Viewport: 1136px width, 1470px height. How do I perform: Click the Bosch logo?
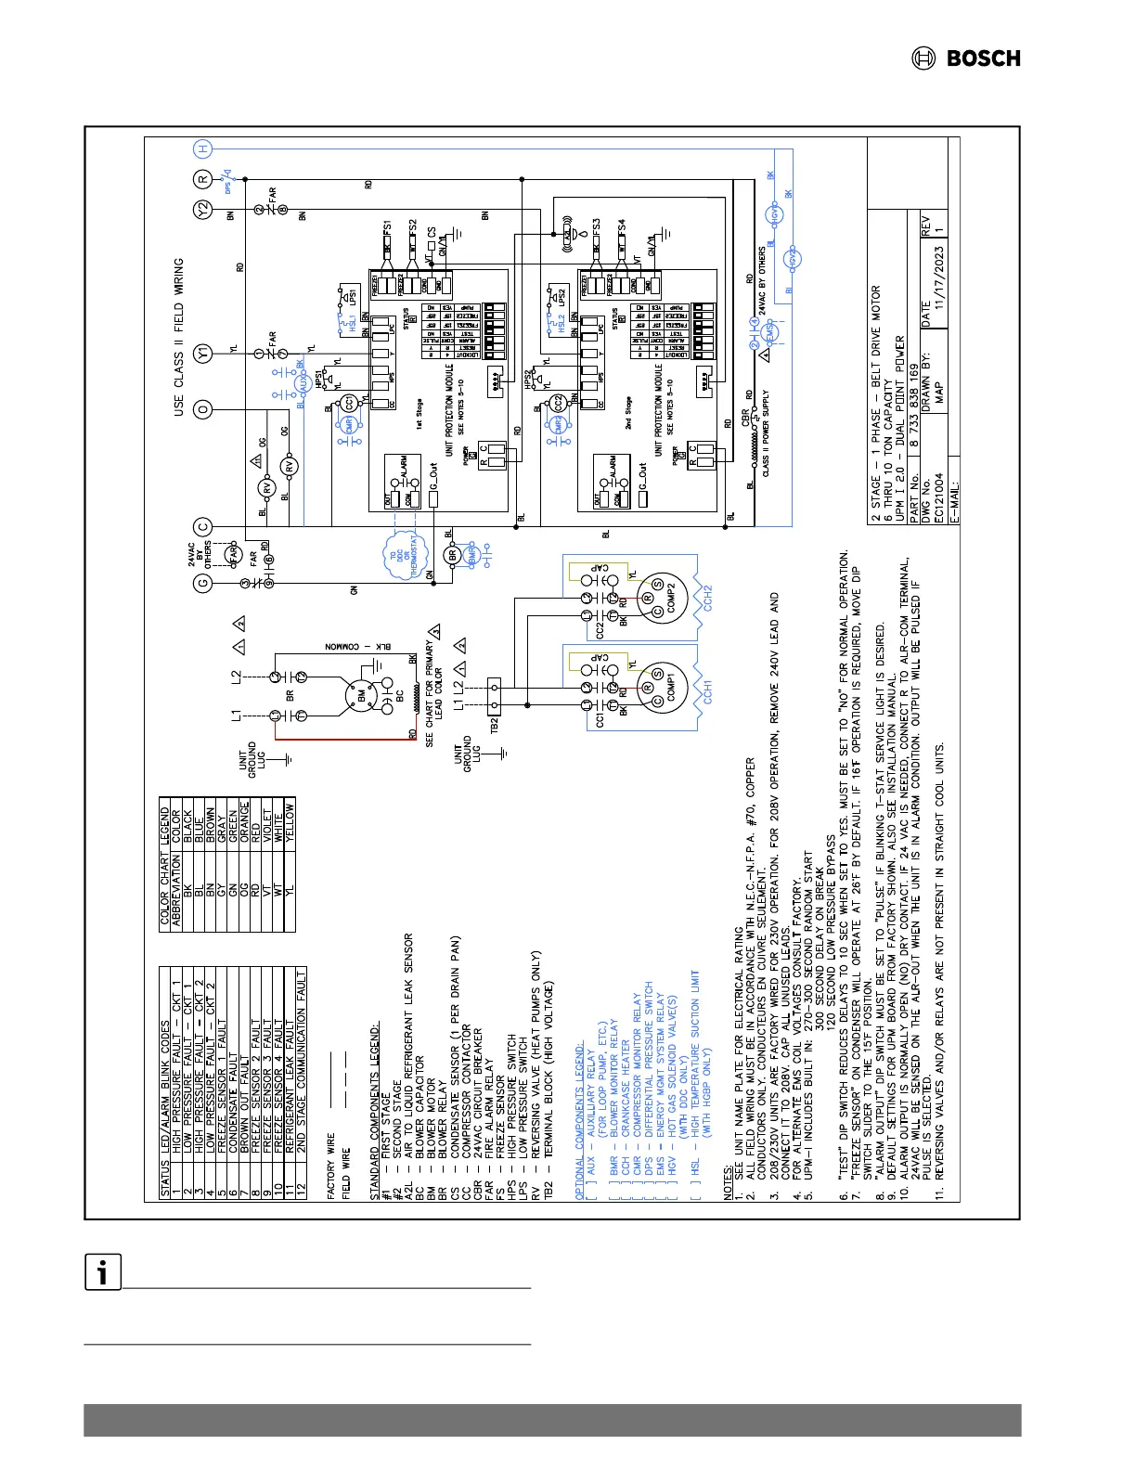click(x=965, y=58)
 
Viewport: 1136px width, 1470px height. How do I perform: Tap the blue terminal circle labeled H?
click(x=203, y=149)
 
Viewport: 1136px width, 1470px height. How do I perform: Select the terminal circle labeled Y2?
click(x=203, y=211)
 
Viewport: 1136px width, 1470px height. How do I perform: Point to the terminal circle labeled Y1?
click(x=203, y=354)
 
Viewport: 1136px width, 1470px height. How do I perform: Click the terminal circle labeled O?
click(x=203, y=409)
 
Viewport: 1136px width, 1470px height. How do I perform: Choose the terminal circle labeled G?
click(x=203, y=584)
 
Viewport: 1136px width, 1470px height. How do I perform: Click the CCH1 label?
click(x=707, y=692)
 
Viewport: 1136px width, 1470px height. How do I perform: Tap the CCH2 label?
click(x=707, y=597)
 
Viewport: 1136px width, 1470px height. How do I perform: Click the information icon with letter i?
click(x=103, y=1271)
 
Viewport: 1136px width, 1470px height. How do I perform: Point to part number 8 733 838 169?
click(x=913, y=405)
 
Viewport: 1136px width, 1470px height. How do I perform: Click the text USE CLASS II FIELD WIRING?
click(x=179, y=337)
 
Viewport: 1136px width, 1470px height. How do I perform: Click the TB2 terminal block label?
click(x=494, y=721)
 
